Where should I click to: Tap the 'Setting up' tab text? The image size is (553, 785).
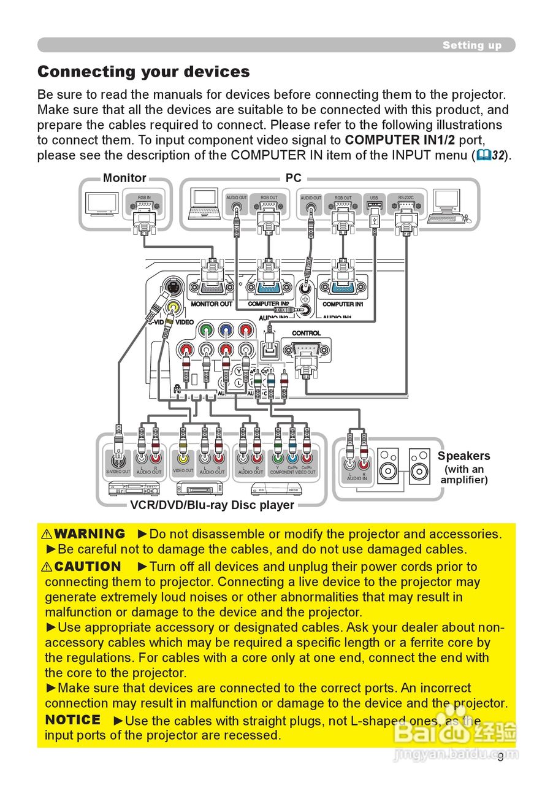tap(471, 45)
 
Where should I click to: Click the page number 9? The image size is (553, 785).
tap(500, 757)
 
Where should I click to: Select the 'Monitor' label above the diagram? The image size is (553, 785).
tap(124, 178)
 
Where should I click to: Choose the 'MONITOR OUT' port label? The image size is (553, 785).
tap(212, 304)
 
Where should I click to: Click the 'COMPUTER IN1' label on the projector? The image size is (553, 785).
tap(343, 304)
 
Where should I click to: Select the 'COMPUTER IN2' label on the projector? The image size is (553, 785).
tap(269, 304)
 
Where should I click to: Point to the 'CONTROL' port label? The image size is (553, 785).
tap(306, 333)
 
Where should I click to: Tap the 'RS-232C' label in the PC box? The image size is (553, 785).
tap(405, 198)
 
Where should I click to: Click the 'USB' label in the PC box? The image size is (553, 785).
tap(373, 198)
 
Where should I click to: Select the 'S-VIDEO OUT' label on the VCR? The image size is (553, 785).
tap(118, 472)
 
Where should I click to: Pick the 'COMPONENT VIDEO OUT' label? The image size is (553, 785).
tap(292, 472)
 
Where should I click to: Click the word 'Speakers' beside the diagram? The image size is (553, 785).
tap(463, 456)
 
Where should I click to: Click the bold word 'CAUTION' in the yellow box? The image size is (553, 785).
tap(88, 567)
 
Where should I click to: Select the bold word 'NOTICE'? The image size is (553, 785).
tap(73, 719)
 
